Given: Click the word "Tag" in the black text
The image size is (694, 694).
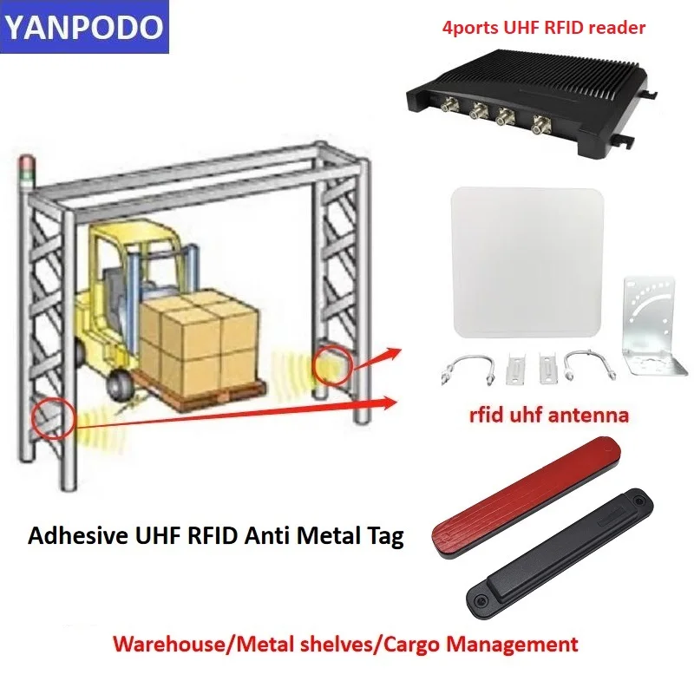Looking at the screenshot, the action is click(384, 536).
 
